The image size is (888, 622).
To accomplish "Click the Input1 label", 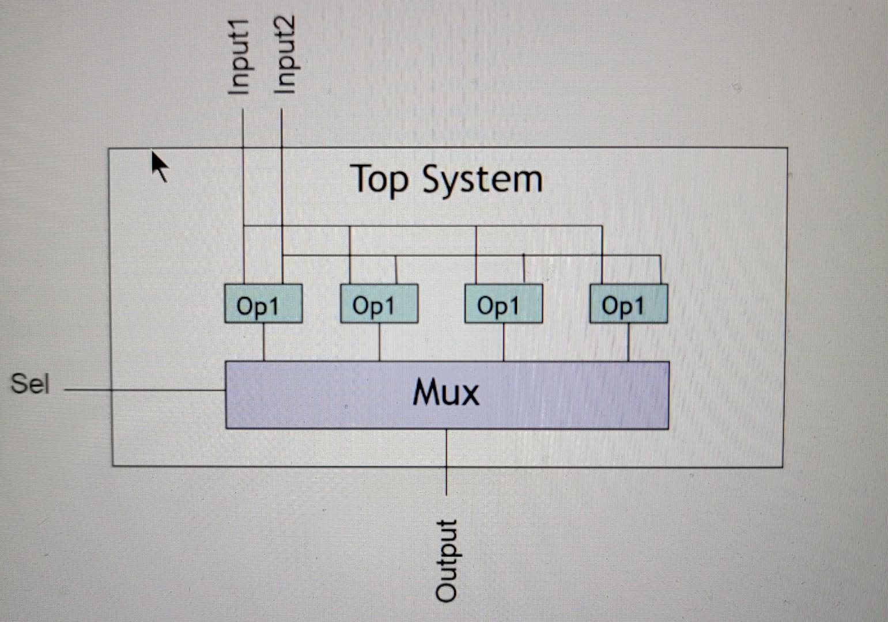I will tap(239, 56).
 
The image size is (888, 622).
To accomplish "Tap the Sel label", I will tap(30, 384).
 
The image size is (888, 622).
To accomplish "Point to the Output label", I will tap(447, 560).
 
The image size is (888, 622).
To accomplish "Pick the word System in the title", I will tap(482, 180).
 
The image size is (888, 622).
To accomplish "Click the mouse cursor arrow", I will tap(160, 165).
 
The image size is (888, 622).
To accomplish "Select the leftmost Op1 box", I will tap(263, 304).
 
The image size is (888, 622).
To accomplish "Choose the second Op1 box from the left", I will tap(379, 304).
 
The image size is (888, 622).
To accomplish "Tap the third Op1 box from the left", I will tap(503, 304).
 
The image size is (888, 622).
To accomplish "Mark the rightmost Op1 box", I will tap(628, 304).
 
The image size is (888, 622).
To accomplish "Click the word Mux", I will tap(446, 393).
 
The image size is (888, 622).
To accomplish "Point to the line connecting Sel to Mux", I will tap(144, 390).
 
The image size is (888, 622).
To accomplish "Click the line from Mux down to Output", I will tap(447, 461).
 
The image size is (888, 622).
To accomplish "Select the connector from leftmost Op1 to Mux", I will tap(264, 342).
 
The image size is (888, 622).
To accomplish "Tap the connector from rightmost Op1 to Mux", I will tap(628, 342).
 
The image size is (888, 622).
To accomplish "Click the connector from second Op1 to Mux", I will tap(379, 342).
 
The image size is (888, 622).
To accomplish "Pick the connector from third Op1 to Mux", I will tap(504, 342).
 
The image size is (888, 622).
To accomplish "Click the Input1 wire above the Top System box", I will tap(244, 130).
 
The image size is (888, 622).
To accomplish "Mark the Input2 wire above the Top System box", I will tap(282, 130).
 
